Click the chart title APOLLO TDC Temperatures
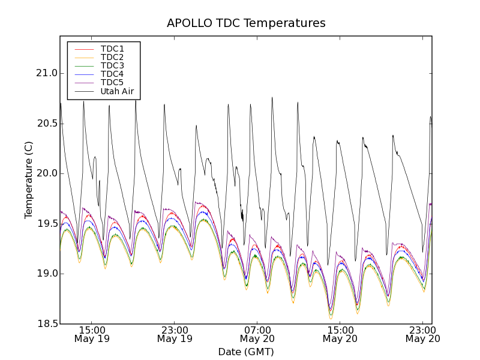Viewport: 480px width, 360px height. [x=246, y=23]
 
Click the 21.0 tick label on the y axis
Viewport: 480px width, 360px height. [x=46, y=73]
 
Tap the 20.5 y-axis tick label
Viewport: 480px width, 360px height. [x=46, y=124]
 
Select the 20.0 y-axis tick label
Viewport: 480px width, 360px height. [x=46, y=173]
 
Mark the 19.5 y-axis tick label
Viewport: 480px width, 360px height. [x=46, y=224]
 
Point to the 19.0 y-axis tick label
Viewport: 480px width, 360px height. [x=46, y=274]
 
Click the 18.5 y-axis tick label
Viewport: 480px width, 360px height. [x=46, y=324]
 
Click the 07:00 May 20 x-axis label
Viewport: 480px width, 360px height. [x=257, y=334]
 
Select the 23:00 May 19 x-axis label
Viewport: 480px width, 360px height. [x=175, y=334]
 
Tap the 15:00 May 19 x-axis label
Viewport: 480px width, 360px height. [x=92, y=334]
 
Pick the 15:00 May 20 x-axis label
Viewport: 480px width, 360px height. [x=340, y=334]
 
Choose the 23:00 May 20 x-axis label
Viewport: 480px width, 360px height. [x=422, y=334]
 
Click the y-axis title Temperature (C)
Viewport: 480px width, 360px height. [x=29, y=180]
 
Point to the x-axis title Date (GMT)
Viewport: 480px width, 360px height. [x=246, y=352]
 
